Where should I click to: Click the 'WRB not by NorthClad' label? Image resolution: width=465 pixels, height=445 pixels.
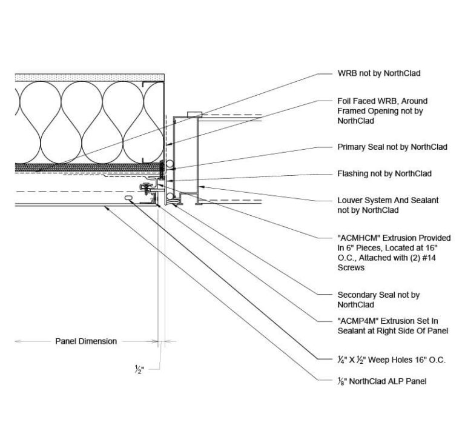click(378, 73)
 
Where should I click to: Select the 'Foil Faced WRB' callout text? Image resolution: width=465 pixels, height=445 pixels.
click(382, 101)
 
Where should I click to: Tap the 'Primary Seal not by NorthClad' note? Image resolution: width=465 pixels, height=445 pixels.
click(392, 147)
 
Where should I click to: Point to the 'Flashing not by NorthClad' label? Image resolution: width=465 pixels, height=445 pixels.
click(384, 173)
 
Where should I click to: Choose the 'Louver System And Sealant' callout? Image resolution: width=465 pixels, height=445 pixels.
click(387, 200)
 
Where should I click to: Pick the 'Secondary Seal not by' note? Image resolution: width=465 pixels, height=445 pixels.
click(378, 295)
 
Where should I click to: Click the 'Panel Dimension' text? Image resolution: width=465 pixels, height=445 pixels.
click(86, 341)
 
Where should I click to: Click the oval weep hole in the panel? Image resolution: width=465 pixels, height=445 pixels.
click(129, 198)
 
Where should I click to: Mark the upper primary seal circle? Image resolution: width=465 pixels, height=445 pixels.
click(171, 164)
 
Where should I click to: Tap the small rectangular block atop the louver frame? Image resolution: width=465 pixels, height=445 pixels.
click(194, 114)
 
